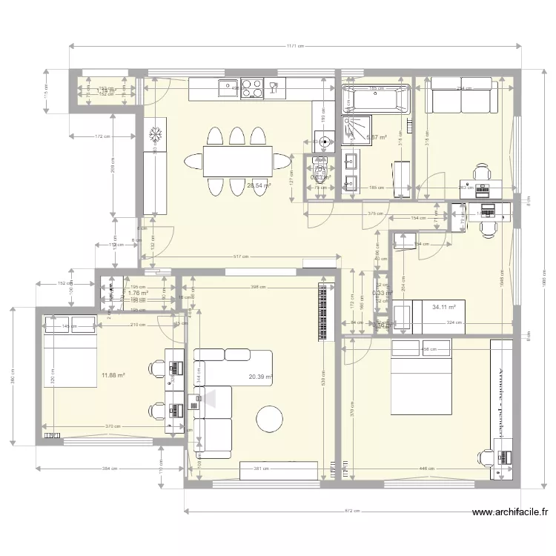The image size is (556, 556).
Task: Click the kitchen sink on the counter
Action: pyautogui.click(x=226, y=88)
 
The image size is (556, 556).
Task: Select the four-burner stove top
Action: pyautogui.click(x=252, y=88)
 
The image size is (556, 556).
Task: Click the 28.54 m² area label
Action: pyautogui.click(x=259, y=186)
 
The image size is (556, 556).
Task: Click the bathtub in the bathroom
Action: pyautogui.click(x=375, y=99)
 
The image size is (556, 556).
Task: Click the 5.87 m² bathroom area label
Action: pyautogui.click(x=377, y=138)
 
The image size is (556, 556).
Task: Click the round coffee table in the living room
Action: pyautogui.click(x=270, y=419)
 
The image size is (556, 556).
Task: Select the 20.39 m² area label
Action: pyautogui.click(x=260, y=377)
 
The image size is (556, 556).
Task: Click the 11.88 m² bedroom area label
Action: pyautogui.click(x=113, y=375)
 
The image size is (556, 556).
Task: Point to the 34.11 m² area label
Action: pyautogui.click(x=443, y=305)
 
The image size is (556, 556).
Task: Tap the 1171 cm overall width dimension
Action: pyautogui.click(x=294, y=46)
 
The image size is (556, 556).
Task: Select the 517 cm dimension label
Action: pyautogui.click(x=239, y=257)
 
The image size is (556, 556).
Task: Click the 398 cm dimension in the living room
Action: pyautogui.click(x=257, y=287)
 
